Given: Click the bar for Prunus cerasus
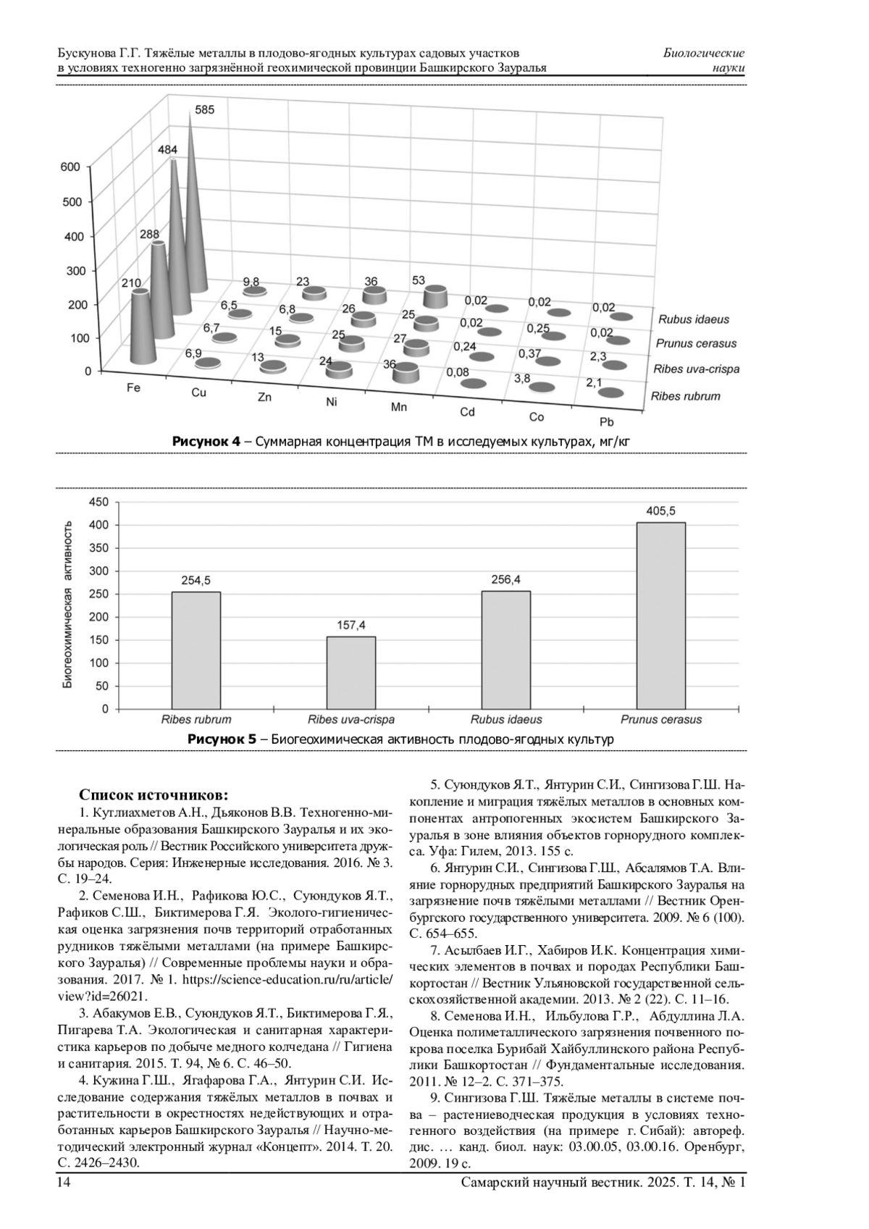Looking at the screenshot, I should (x=660, y=615).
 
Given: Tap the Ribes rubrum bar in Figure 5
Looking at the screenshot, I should (x=196, y=650).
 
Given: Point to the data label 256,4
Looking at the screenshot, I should (x=505, y=579).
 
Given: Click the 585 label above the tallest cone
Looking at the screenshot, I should (x=205, y=110).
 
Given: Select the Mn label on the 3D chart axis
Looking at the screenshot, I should (x=399, y=407).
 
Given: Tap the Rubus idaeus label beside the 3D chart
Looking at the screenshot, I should (x=693, y=319).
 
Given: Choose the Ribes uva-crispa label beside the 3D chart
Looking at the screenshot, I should (x=696, y=369).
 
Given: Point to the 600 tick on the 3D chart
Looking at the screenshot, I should (x=70, y=167).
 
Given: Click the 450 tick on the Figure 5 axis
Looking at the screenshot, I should (x=98, y=502).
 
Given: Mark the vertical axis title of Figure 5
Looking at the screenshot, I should (x=67, y=604).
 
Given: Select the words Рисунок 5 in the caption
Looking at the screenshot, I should (x=222, y=739).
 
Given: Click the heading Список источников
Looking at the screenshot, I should (x=154, y=794).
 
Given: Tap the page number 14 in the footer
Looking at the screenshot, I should (x=64, y=1182).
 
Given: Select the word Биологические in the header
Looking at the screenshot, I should (x=703, y=54).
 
